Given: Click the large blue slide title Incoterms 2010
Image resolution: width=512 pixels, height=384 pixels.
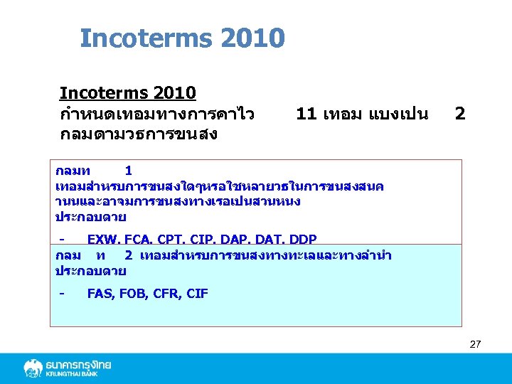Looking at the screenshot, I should pos(182,37).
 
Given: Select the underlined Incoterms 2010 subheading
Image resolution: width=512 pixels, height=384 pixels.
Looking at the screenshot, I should pos(128,93).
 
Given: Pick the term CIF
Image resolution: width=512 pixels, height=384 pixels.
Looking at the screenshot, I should pos(197,293).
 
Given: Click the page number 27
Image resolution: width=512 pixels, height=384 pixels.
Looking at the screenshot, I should pos(475,344).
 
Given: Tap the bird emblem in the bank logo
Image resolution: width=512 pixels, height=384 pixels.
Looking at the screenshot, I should pos(33,368).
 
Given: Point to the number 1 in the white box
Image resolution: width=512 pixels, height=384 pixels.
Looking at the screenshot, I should pos(128,171).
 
